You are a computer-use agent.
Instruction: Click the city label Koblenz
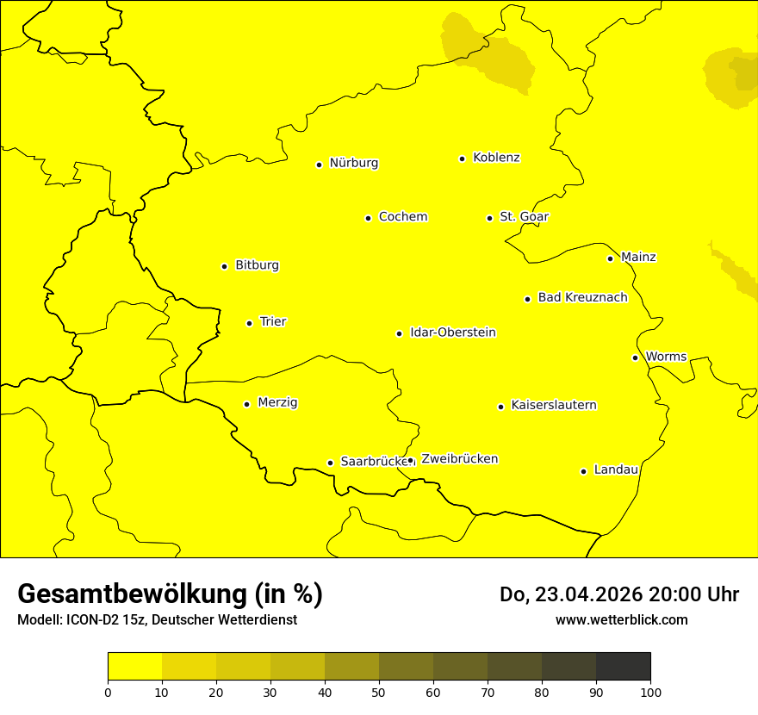[496, 158]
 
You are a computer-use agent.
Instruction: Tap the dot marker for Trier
[250, 323]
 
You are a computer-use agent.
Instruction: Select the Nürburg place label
[353, 163]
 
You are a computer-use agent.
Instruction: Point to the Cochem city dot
[368, 218]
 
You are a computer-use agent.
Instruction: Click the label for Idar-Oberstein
[452, 333]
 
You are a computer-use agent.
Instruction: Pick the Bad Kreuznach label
[582, 297]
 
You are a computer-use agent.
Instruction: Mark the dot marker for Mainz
[610, 258]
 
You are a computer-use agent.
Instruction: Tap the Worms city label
[666, 357]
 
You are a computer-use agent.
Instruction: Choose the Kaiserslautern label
[553, 405]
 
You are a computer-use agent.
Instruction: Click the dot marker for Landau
[583, 471]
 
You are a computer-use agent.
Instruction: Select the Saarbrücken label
[372, 462]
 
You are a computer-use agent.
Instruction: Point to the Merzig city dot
[246, 404]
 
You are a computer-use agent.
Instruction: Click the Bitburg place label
[257, 265]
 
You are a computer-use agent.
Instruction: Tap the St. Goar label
[524, 217]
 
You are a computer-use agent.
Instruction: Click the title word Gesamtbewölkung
[132, 594]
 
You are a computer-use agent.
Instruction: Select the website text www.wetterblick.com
[621, 619]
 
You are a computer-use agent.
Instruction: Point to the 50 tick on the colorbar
[379, 692]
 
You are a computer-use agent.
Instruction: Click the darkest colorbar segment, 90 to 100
[623, 667]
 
